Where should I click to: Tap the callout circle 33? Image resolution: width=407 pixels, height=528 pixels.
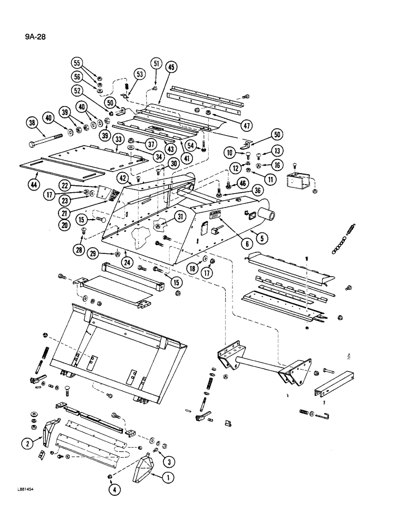click(118, 139)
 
